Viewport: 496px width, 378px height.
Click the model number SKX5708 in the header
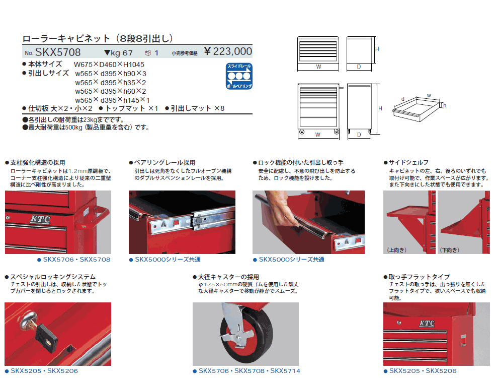(x=58, y=52)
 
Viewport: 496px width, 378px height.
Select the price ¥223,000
(x=228, y=51)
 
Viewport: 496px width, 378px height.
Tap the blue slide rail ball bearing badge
(x=239, y=76)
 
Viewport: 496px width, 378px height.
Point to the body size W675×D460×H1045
(x=109, y=65)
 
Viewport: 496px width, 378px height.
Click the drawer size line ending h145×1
(x=112, y=100)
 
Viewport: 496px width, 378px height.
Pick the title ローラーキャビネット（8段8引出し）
(x=98, y=38)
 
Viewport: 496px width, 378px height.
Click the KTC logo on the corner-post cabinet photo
(x=40, y=219)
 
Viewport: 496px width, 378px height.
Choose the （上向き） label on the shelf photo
(x=397, y=250)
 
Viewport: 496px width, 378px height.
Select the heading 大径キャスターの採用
(x=228, y=277)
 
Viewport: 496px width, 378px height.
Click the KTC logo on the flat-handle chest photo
(x=427, y=323)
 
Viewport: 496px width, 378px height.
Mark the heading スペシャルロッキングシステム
(x=53, y=277)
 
